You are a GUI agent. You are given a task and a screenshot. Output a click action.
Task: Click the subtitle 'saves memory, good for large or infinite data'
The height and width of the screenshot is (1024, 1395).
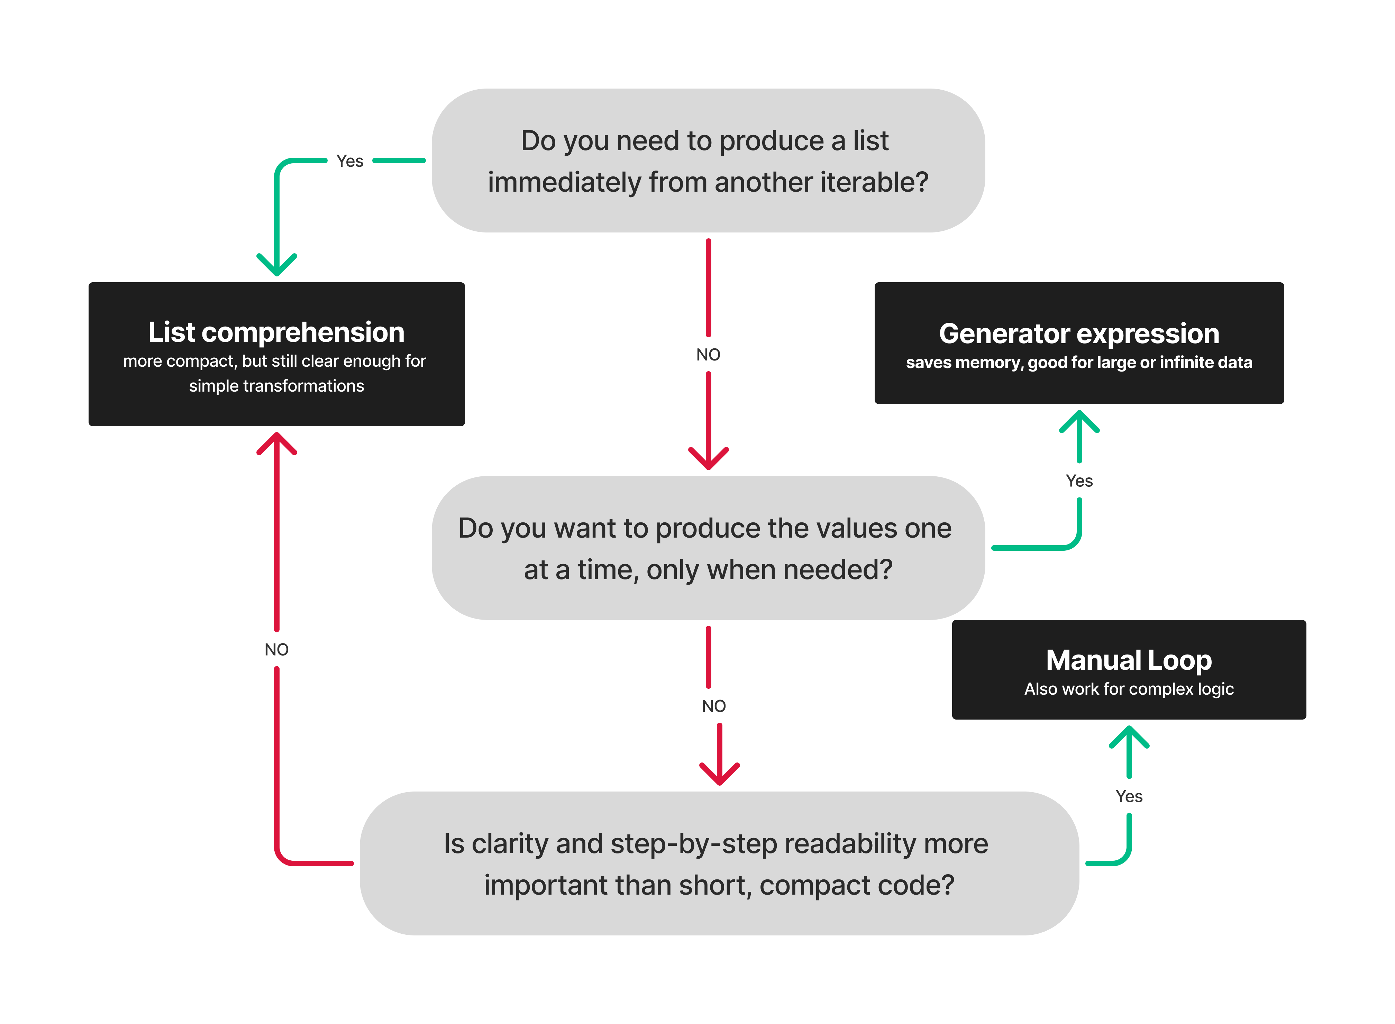pyautogui.click(x=1079, y=363)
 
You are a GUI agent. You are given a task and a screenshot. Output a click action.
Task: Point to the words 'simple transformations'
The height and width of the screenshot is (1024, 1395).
pyautogui.click(x=276, y=386)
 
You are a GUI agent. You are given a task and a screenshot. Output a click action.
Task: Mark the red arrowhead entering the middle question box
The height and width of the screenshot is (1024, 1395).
pyautogui.click(x=708, y=460)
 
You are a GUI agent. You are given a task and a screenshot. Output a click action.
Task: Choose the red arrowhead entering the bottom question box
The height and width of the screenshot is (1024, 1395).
pyautogui.click(x=719, y=775)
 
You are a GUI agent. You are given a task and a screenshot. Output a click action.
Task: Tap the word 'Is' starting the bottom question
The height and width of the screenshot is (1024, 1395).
pyautogui.click(x=454, y=844)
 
